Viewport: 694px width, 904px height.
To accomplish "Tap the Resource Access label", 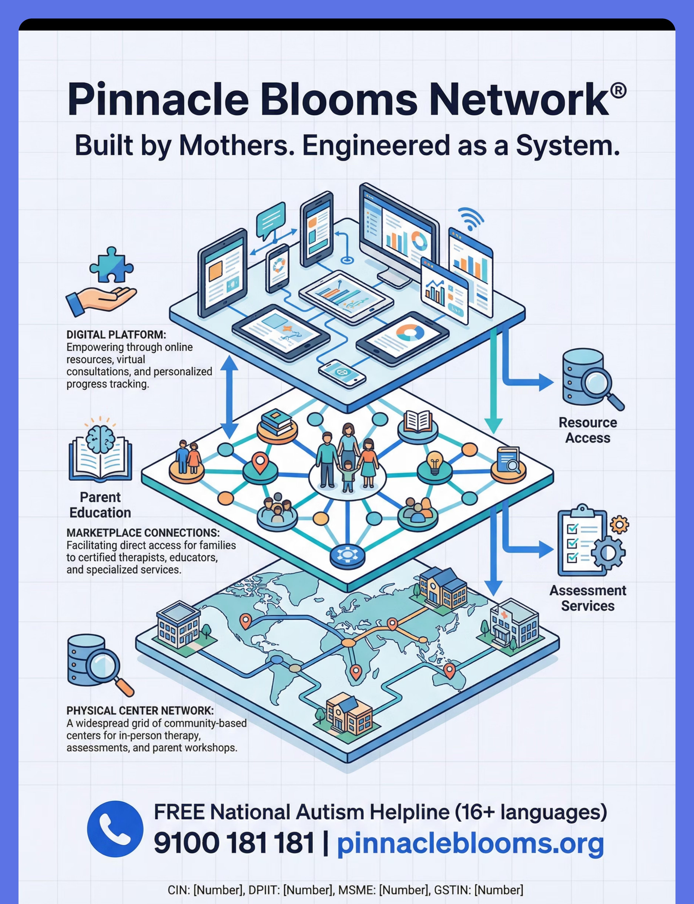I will tap(587, 430).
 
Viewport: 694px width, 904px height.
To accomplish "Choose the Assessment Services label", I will tap(587, 598).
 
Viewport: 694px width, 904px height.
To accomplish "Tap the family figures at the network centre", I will tap(347, 458).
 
